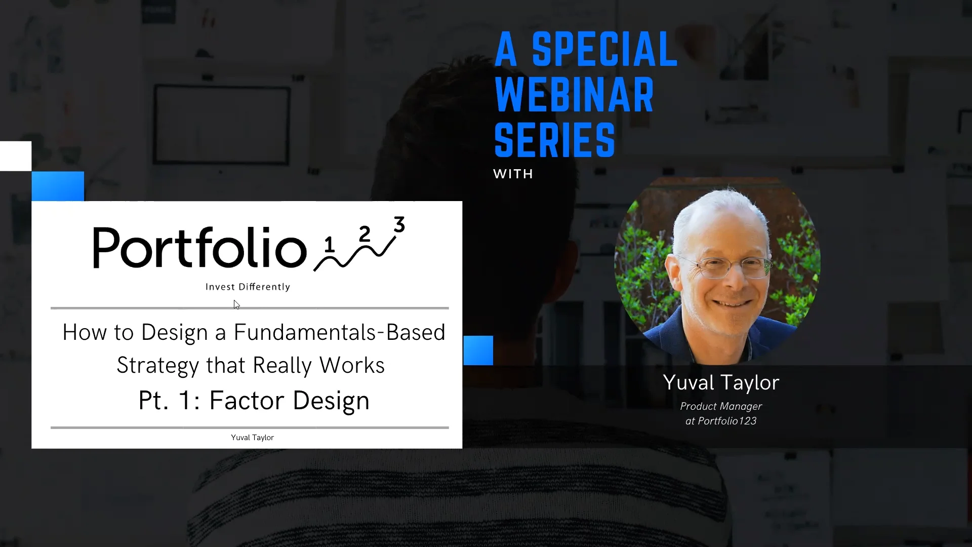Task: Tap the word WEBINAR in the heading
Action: (x=574, y=95)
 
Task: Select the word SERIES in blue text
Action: (x=554, y=140)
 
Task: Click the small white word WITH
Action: (x=513, y=174)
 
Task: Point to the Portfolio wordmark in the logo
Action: (x=199, y=248)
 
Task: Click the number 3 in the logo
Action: (x=399, y=224)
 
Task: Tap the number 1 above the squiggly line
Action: (x=330, y=245)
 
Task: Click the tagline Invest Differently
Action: (x=248, y=287)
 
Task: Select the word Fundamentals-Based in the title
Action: (x=339, y=333)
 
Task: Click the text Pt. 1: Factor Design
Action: (x=254, y=401)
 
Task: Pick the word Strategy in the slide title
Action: (x=157, y=366)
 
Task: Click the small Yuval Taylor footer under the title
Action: (x=252, y=438)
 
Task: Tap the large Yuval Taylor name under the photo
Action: (x=721, y=383)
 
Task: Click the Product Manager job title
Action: (x=721, y=407)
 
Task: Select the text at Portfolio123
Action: (x=721, y=421)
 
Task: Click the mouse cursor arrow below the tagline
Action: (x=236, y=304)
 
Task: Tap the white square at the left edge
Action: (x=15, y=156)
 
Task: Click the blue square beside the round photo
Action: (x=478, y=350)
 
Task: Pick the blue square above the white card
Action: (x=58, y=186)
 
